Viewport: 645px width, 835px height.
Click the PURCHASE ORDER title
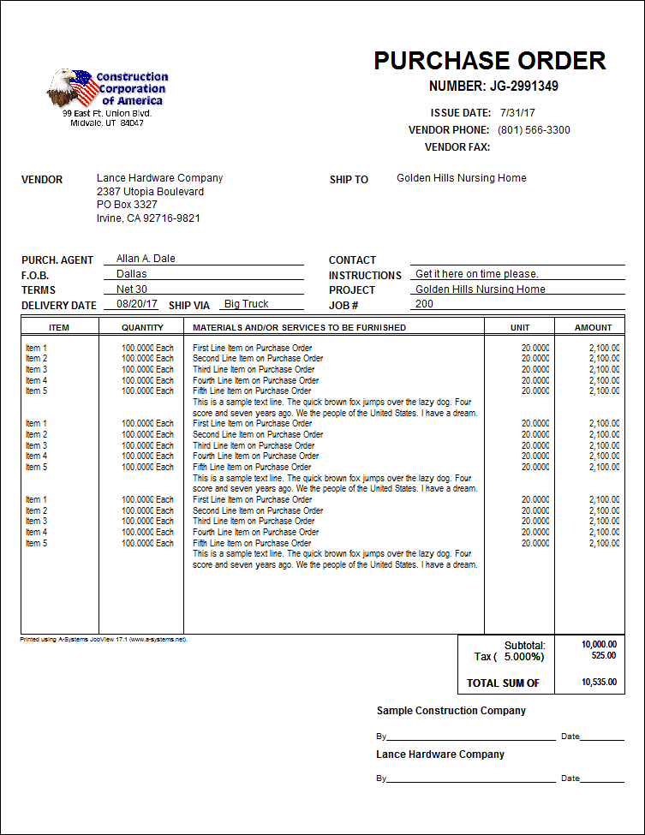(489, 61)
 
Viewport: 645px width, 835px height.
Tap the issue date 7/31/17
(518, 113)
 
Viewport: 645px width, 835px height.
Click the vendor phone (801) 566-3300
(534, 130)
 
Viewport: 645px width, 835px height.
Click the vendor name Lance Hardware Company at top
(159, 178)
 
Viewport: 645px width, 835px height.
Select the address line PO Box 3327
(127, 205)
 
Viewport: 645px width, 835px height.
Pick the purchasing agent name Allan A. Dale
(146, 259)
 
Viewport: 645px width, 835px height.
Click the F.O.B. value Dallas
(131, 274)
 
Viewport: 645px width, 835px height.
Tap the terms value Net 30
(131, 289)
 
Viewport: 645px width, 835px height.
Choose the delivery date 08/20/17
(137, 304)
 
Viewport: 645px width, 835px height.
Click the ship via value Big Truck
(246, 304)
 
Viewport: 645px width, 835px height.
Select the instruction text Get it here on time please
(477, 274)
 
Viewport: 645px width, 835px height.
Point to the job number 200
(424, 304)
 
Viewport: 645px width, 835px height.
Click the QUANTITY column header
(142, 327)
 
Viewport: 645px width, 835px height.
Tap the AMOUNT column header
(593, 327)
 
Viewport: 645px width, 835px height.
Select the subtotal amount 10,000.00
(598, 644)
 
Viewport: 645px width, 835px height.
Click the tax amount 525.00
(603, 656)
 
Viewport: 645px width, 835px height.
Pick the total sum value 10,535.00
(598, 683)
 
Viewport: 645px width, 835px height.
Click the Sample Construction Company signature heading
(451, 711)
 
